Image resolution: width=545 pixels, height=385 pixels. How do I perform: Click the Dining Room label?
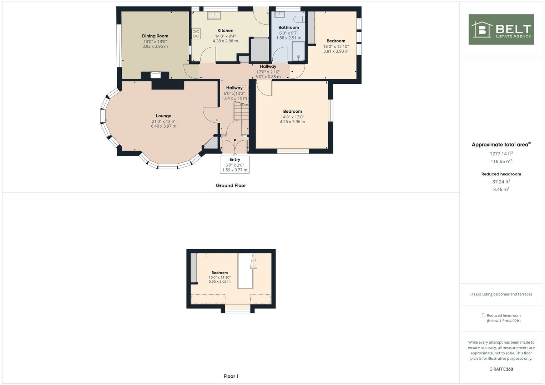pos(155,36)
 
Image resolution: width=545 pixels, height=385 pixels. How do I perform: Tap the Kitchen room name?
pos(225,31)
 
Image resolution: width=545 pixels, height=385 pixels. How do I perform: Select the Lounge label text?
pos(163,116)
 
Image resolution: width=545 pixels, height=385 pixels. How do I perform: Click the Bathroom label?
pos(288,27)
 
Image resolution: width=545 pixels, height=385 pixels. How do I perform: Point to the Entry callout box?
pos(234,165)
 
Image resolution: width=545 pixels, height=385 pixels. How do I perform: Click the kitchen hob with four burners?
pos(196,34)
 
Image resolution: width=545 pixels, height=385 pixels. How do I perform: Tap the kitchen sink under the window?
pos(215,15)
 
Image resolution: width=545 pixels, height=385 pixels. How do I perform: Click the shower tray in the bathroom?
pos(298,52)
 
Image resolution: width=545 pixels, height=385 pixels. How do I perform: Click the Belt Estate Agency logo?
pos(501,30)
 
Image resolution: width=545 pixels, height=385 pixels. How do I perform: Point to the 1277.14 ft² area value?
pos(501,154)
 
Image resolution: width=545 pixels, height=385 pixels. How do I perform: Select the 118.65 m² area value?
pos(501,161)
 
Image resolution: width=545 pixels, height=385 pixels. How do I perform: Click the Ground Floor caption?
pos(231,185)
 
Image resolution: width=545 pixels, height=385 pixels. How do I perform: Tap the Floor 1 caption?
pos(231,376)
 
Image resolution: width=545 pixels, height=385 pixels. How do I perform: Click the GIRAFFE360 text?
pos(501,369)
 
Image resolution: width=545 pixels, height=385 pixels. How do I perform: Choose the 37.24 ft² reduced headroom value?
pos(501,182)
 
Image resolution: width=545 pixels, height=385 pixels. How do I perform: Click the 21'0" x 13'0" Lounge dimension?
pos(163,121)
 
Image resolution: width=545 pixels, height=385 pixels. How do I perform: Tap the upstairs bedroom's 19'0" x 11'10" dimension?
pos(219,277)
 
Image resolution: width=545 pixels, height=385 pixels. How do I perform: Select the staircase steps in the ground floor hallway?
pos(241,111)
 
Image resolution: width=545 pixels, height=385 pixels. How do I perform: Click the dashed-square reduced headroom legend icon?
pos(483,315)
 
